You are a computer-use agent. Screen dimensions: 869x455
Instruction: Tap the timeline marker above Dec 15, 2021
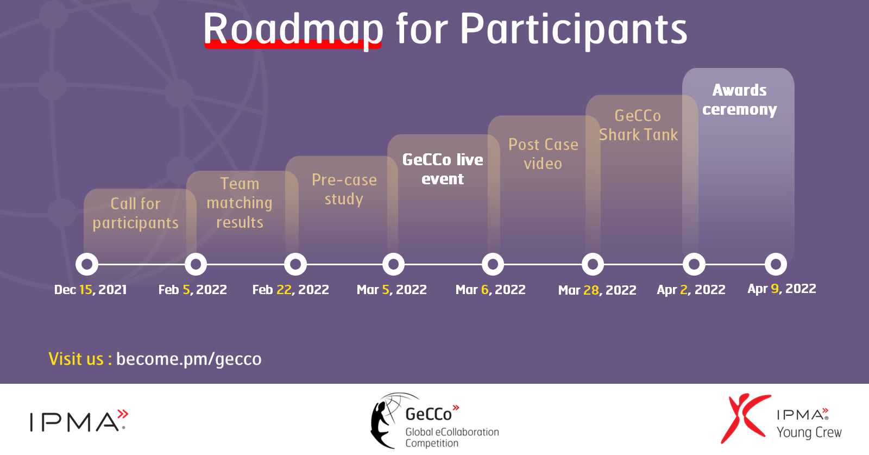click(87, 264)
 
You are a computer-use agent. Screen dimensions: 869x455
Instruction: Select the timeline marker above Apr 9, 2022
click(776, 264)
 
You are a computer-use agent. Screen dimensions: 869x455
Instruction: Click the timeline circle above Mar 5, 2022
click(393, 264)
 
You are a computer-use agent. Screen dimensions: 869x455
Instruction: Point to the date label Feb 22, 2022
click(291, 290)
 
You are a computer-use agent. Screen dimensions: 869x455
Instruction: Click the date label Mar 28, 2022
click(597, 290)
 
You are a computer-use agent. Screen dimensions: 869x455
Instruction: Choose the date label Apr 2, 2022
click(691, 290)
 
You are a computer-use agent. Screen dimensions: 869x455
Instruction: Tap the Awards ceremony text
click(739, 100)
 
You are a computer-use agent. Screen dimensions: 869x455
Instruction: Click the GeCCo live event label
click(443, 169)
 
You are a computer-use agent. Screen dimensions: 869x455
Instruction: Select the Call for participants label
click(135, 213)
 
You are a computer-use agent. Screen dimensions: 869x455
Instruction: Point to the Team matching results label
click(240, 203)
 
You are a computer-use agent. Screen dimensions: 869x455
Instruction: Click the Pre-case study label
click(344, 190)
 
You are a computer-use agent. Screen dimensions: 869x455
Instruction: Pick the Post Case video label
click(543, 154)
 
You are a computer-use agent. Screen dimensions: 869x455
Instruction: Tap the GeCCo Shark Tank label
click(638, 125)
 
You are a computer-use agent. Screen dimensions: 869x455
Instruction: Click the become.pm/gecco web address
click(189, 359)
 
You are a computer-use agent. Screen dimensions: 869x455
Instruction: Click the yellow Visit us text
click(80, 359)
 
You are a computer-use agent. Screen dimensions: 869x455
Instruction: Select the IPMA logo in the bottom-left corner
click(79, 420)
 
